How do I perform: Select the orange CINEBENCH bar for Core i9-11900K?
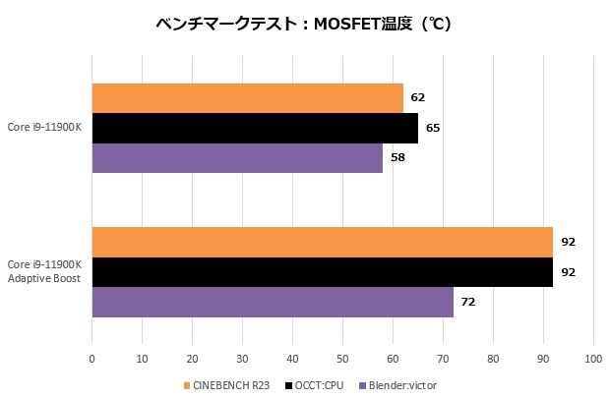(247, 98)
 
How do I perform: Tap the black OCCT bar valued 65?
(255, 128)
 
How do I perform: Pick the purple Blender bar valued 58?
(237, 157)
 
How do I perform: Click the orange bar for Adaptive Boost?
(322, 242)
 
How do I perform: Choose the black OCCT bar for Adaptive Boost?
(322, 272)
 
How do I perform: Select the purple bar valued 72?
(273, 302)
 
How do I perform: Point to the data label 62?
(418, 98)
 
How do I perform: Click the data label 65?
(433, 128)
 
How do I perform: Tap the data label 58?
(397, 157)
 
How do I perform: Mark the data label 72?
(468, 302)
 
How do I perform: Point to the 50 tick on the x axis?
(342, 361)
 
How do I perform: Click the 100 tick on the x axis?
(592, 361)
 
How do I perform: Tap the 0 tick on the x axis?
(91, 361)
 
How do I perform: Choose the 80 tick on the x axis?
(492, 361)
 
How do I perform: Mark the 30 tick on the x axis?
(242, 361)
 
